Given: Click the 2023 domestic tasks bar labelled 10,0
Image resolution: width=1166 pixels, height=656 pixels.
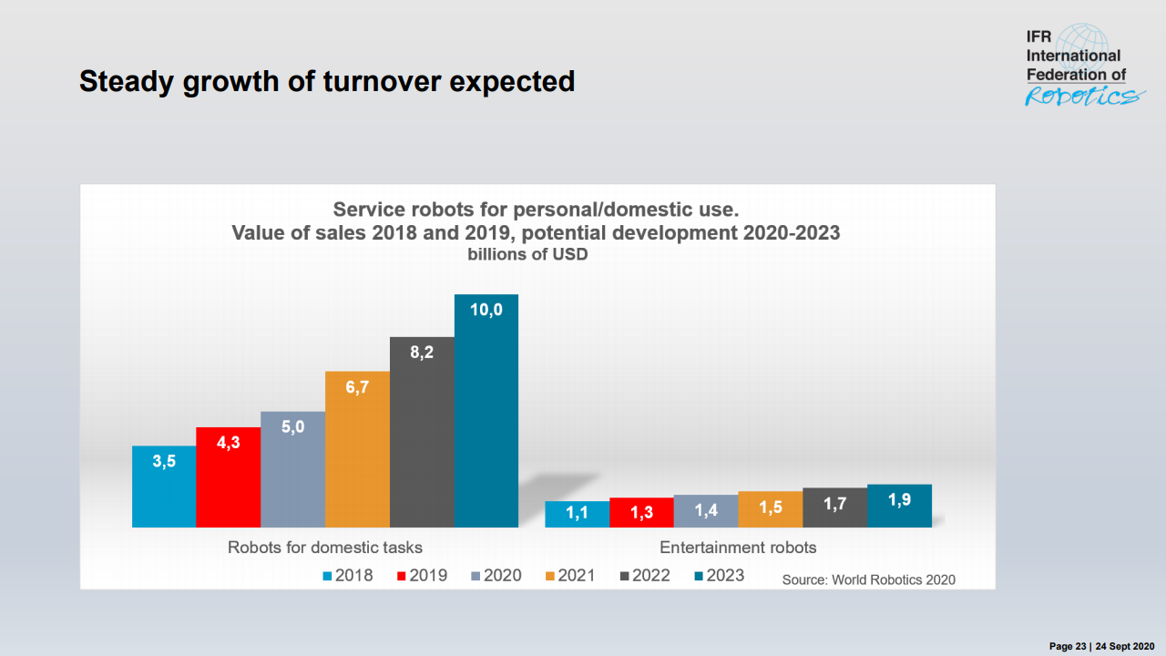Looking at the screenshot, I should click(486, 410).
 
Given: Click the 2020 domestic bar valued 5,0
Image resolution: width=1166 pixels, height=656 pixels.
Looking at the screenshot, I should click(292, 468).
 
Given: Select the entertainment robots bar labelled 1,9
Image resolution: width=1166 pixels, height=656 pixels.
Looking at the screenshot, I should click(899, 506).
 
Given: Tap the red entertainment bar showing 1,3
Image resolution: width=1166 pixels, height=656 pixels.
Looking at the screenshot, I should click(641, 512).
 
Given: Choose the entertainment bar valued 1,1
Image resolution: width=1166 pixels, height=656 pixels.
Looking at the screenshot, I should click(577, 514).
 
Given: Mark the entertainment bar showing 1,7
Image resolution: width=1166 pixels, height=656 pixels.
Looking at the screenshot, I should click(834, 507).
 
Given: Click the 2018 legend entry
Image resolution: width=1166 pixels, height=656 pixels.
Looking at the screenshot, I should click(347, 575).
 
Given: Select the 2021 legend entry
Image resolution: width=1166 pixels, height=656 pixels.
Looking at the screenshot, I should click(569, 575).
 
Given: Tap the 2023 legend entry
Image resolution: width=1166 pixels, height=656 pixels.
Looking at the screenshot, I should click(719, 575).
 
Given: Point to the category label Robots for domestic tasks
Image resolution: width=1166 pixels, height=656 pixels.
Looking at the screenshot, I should click(324, 548).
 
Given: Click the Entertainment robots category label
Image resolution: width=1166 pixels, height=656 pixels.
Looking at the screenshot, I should click(738, 548).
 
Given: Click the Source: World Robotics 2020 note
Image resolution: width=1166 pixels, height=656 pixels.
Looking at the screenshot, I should click(868, 579).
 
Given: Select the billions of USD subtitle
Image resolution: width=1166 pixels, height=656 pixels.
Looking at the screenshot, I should click(527, 254).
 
